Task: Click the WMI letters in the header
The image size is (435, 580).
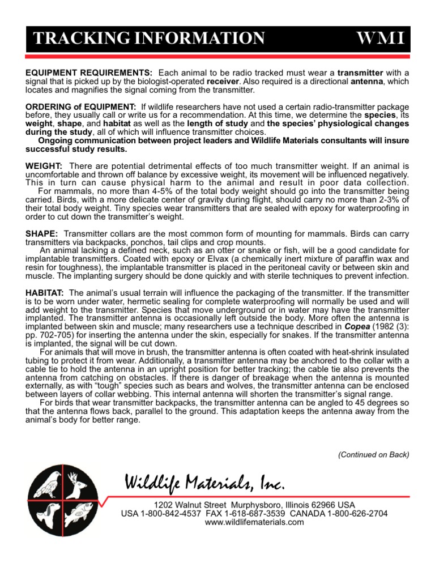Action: click(x=379, y=39)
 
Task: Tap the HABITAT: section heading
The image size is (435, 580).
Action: click(x=45, y=292)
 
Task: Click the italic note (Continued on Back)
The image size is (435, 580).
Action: click(x=373, y=454)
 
